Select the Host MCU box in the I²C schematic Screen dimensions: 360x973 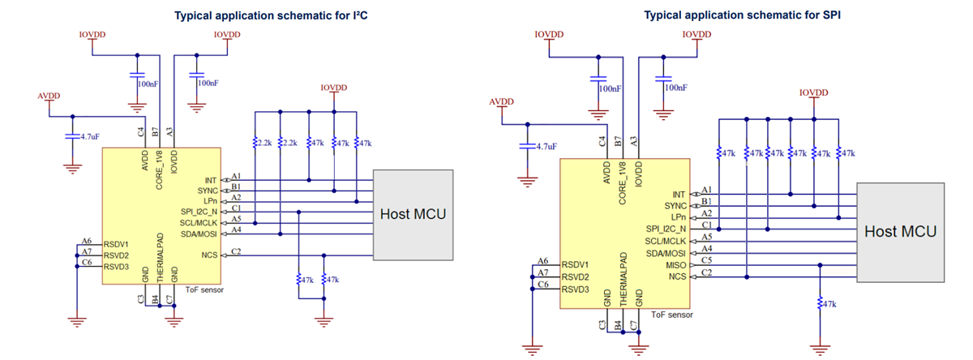click(x=413, y=215)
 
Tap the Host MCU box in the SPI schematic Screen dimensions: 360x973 click(x=900, y=232)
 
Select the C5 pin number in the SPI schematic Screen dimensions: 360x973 click(x=706, y=259)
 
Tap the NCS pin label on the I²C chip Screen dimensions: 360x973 click(x=210, y=255)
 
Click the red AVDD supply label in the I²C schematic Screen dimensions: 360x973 click(x=49, y=96)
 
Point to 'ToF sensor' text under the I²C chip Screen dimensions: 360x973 click(x=204, y=289)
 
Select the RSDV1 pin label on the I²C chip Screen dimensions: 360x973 click(x=118, y=244)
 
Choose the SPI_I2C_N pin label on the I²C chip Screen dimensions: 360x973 click(x=200, y=211)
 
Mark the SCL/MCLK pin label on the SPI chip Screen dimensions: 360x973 click(x=664, y=241)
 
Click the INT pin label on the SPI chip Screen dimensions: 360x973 click(x=679, y=195)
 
